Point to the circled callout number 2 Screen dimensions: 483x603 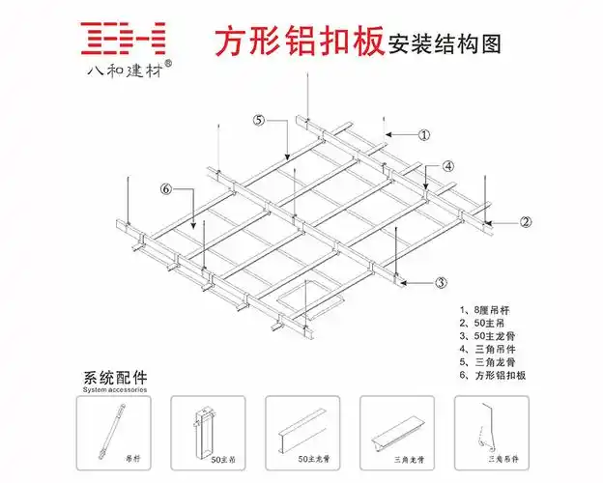pyautogui.click(x=525, y=222)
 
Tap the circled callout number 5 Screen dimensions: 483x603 pyautogui.click(x=259, y=121)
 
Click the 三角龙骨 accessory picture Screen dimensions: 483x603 pyautogui.click(x=391, y=429)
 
